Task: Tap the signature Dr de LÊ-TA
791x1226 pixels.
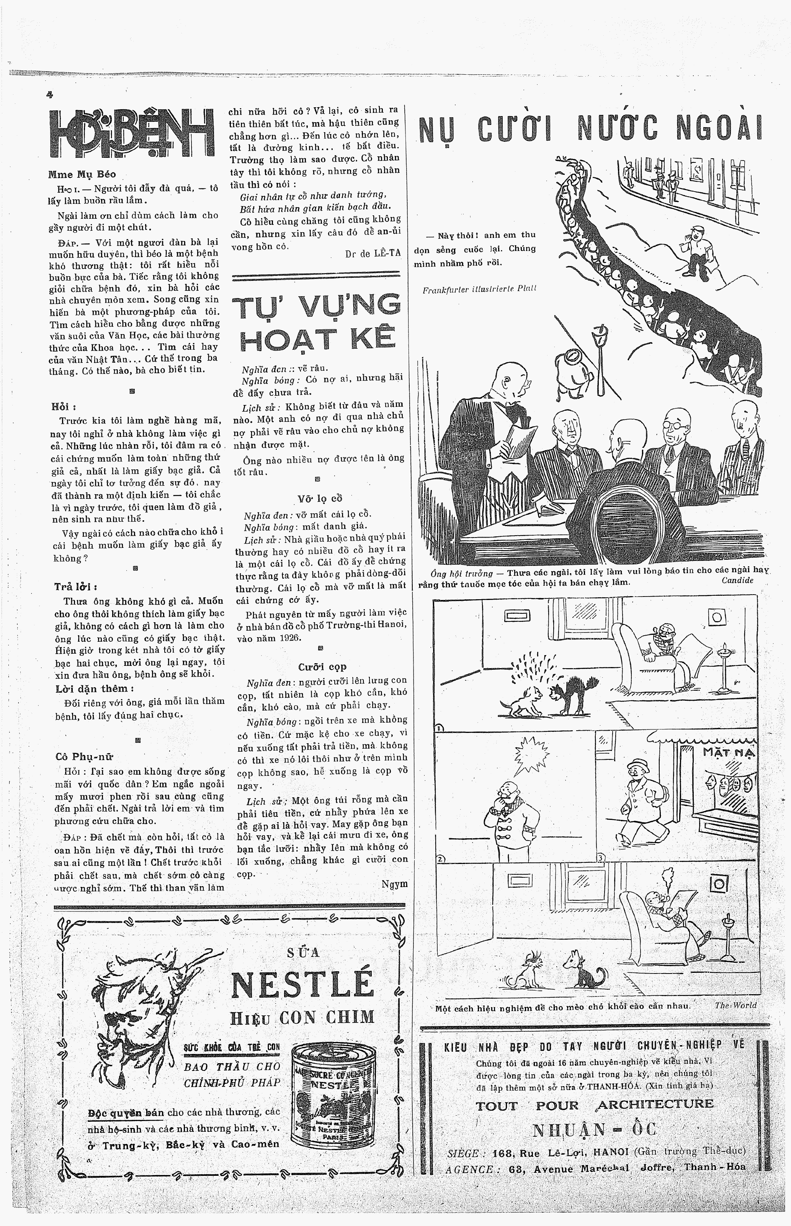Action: click(x=373, y=253)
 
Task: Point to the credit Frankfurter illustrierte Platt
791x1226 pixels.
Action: click(x=479, y=289)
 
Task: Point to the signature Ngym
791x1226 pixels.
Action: click(x=394, y=884)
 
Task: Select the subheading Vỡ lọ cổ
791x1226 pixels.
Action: click(x=319, y=498)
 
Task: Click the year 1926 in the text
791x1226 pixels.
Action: click(x=291, y=638)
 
